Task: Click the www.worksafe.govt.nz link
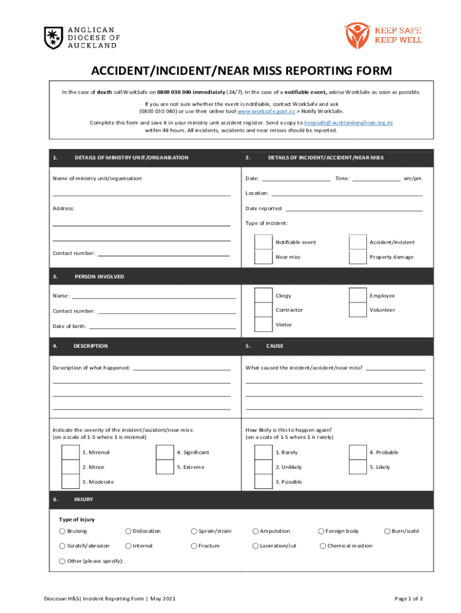point(266,111)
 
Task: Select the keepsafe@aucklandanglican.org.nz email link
point(348,122)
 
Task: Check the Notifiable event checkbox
point(263,242)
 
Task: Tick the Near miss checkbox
point(263,257)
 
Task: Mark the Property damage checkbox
point(357,257)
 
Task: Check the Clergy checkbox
point(263,296)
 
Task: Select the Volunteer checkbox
point(357,310)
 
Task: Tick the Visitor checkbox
point(263,324)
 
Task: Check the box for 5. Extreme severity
point(165,467)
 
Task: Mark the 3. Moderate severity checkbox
point(71,482)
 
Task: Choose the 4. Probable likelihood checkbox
point(357,453)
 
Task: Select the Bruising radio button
point(62,531)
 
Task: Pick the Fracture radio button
point(194,545)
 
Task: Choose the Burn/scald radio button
point(387,531)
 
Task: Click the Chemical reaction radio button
point(323,545)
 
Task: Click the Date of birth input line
point(162,326)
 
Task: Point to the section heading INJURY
point(84,499)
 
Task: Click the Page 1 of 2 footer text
point(408,598)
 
